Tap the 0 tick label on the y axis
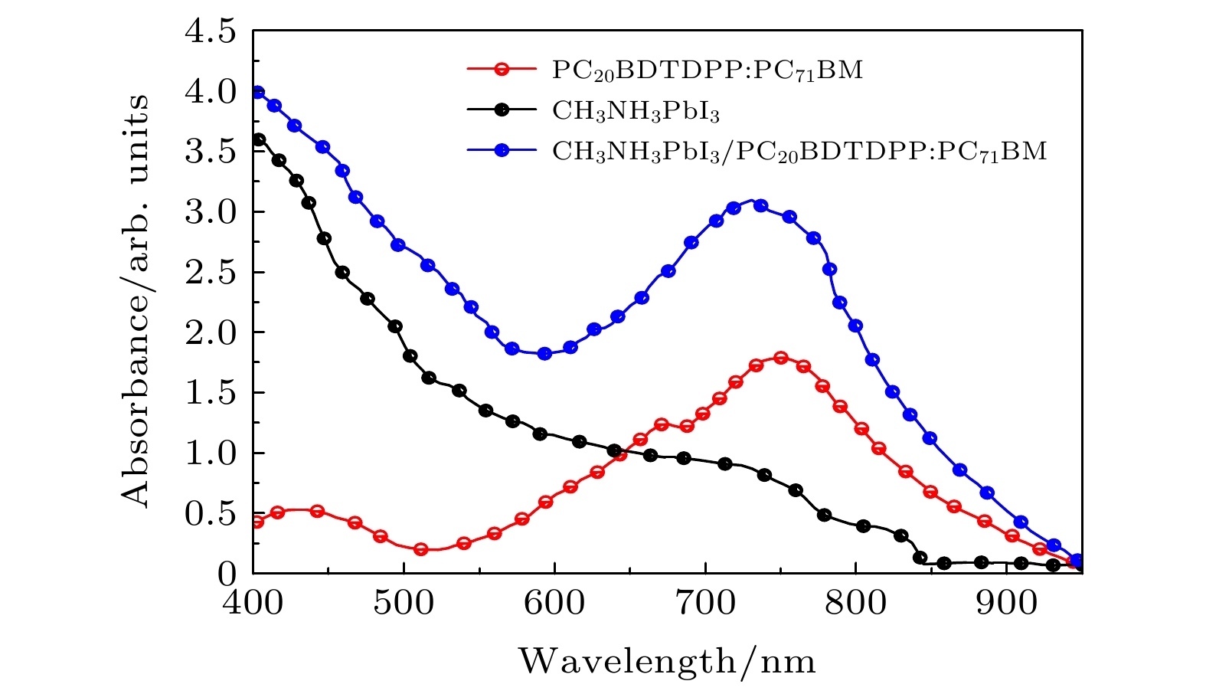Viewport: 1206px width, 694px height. [228, 573]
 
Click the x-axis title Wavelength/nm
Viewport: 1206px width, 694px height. [668, 660]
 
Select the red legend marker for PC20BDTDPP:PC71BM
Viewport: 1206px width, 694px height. [501, 69]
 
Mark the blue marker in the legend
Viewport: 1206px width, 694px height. [501, 150]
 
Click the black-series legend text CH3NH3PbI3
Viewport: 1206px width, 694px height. [636, 111]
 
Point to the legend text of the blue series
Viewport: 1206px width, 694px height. [799, 152]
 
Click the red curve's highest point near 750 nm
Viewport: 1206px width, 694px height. [781, 358]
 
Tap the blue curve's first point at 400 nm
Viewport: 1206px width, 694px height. [257, 93]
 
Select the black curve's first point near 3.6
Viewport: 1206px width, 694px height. [259, 139]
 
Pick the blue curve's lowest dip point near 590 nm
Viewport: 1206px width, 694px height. [545, 353]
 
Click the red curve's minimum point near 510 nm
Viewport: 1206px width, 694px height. [420, 549]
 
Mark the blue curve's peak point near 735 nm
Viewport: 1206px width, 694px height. [760, 205]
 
